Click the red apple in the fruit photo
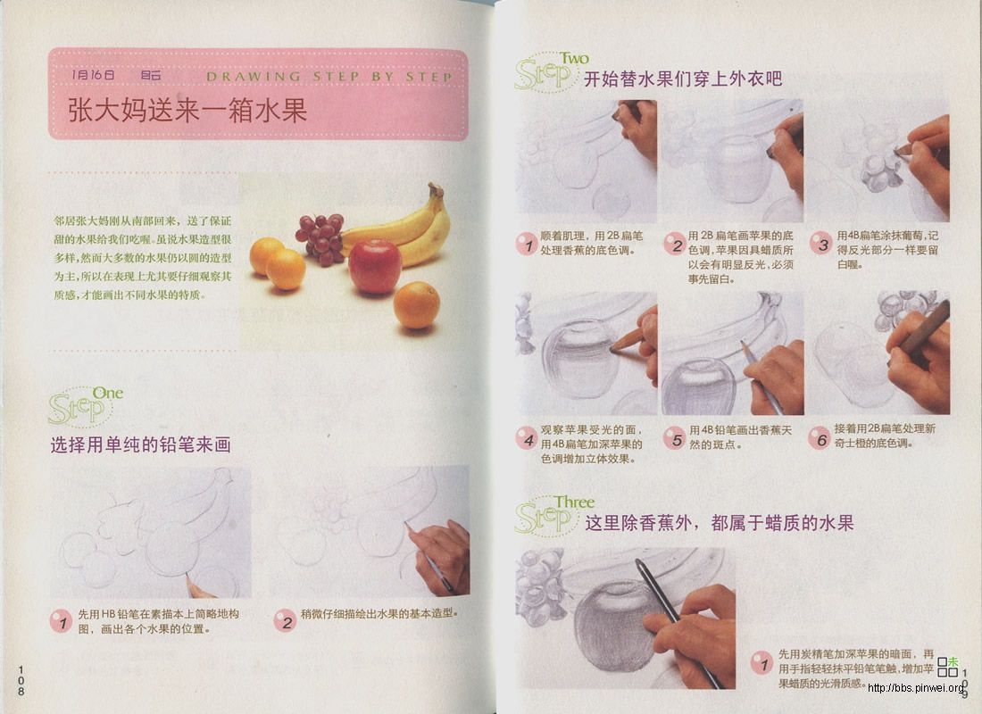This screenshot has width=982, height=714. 375,266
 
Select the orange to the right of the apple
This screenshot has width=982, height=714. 417,305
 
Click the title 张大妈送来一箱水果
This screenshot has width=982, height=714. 187,112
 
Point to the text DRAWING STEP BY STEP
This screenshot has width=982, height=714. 329,77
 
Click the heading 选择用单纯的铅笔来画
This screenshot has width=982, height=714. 140,444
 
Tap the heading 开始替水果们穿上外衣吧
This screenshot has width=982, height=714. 683,79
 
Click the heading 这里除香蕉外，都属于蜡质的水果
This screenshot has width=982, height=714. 719,523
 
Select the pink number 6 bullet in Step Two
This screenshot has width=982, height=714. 819,437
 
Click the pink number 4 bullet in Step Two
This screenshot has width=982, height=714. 527,438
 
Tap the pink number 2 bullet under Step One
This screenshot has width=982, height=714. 285,620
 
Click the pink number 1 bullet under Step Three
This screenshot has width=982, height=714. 761,662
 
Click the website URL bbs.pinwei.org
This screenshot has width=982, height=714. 916,687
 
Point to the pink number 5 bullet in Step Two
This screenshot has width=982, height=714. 674,437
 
